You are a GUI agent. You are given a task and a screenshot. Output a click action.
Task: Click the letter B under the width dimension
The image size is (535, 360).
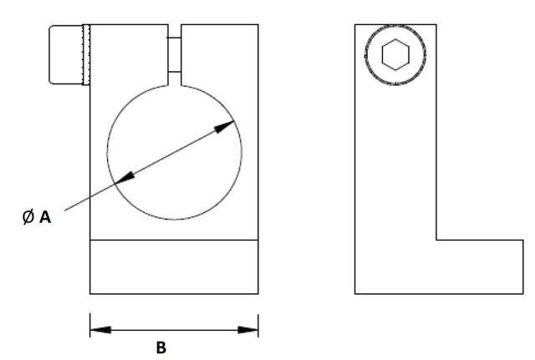(x=160, y=348)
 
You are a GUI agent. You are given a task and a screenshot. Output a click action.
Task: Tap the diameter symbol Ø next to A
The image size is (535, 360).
(x=28, y=217)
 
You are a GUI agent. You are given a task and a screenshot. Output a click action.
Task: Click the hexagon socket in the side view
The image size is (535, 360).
(x=395, y=55)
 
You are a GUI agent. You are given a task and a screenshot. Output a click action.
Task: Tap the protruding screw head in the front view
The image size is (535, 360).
(x=65, y=55)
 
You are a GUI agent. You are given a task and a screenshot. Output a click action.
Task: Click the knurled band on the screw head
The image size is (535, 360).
(x=84, y=55)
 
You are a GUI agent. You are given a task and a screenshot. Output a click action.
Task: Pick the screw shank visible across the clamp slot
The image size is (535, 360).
(x=174, y=55)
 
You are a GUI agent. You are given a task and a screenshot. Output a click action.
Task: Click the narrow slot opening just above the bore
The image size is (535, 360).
(x=174, y=79)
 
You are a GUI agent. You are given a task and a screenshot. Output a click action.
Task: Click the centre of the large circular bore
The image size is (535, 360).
(x=175, y=152)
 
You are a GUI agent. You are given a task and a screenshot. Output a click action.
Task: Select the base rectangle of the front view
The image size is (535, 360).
(x=174, y=266)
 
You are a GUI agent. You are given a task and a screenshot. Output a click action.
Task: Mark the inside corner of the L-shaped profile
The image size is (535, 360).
(x=436, y=241)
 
